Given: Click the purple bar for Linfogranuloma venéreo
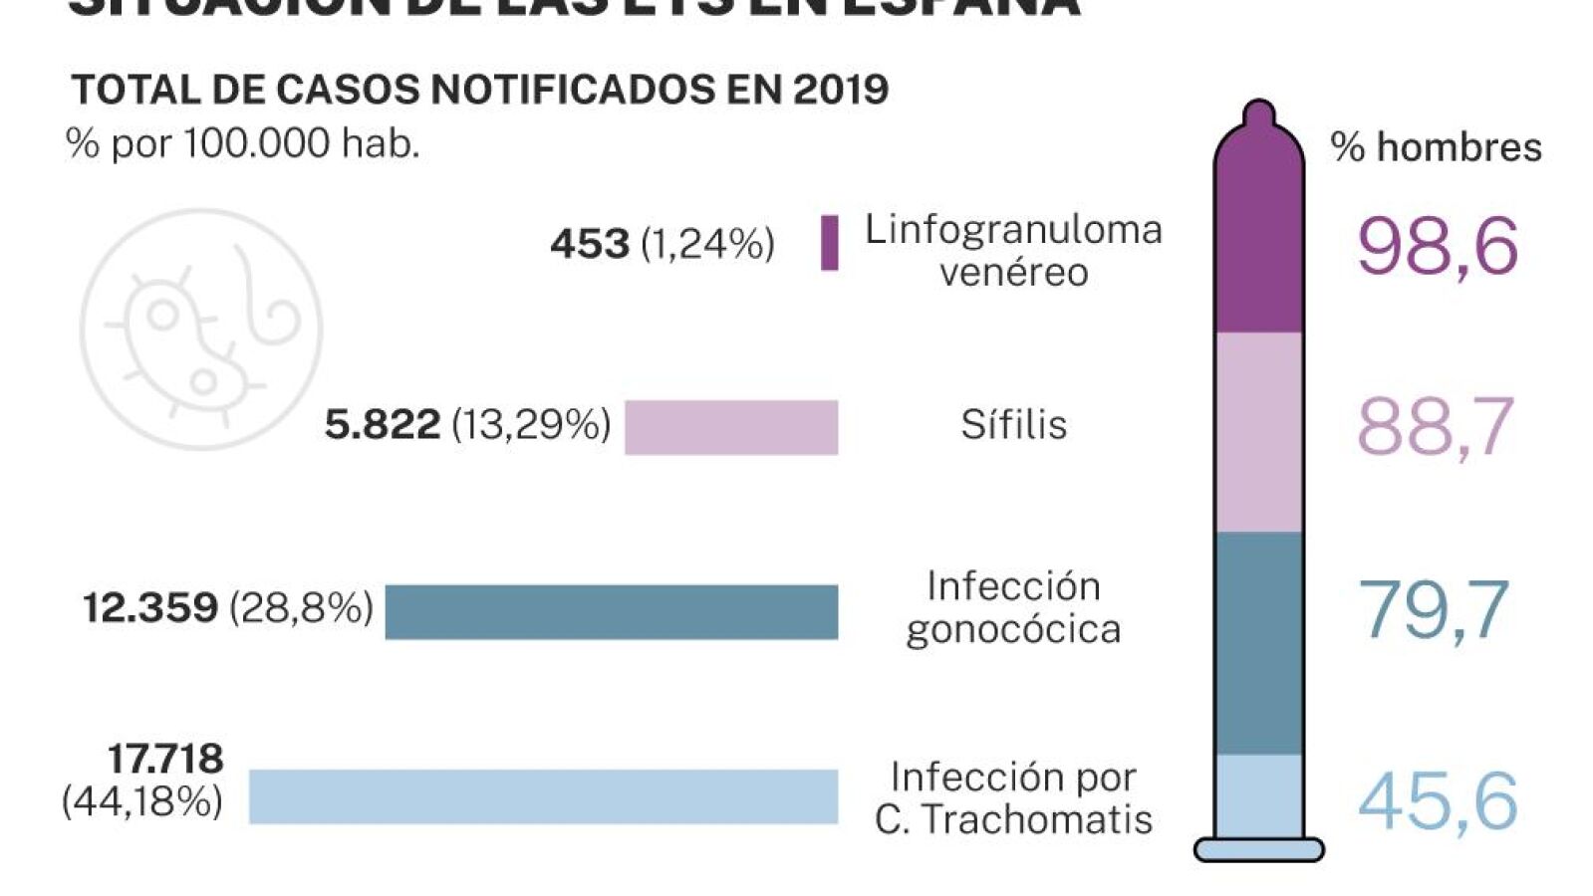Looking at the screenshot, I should click(x=829, y=242).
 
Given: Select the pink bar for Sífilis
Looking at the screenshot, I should click(x=731, y=427).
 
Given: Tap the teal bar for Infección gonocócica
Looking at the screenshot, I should click(x=611, y=611).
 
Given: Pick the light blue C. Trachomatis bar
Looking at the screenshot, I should click(x=543, y=796).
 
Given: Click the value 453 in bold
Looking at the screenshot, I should click(x=590, y=244).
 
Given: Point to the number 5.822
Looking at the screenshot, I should click(x=383, y=425).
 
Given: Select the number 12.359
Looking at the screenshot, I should click(x=150, y=607).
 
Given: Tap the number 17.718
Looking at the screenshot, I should click(x=165, y=759).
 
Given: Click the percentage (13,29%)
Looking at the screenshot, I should click(x=531, y=425).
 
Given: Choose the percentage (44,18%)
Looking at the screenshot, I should click(x=142, y=801).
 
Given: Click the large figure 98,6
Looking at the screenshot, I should click(x=1437, y=247).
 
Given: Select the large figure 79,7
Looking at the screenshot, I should click(x=1433, y=609).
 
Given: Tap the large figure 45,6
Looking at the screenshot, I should click(x=1437, y=801).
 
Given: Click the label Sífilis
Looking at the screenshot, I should click(x=1013, y=425).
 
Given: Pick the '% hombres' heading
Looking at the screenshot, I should click(x=1436, y=147).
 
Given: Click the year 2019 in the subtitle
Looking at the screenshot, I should click(x=841, y=90).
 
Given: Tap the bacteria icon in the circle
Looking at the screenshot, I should click(x=201, y=330).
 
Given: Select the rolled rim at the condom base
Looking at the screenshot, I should click(x=1258, y=849).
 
